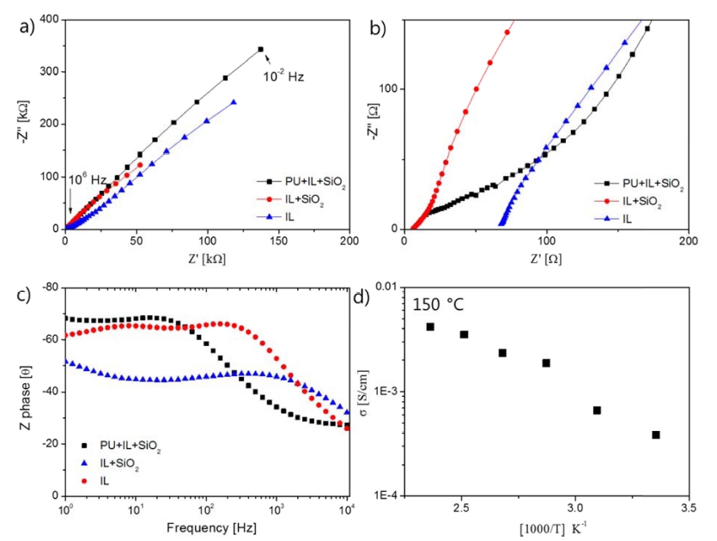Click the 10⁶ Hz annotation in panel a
tap(87, 179)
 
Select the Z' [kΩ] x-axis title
tap(206, 258)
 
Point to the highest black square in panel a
tap(261, 49)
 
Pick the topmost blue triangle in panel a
tap(234, 102)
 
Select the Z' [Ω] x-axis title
tap(546, 258)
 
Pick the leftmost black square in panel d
tap(430, 327)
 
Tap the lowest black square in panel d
tap(656, 435)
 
